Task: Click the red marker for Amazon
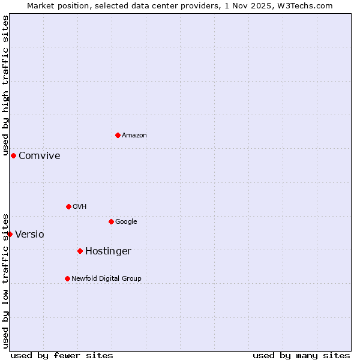[118, 135]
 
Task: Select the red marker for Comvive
[13, 155]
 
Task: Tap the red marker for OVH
[68, 206]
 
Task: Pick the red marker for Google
[111, 221]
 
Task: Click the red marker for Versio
[10, 234]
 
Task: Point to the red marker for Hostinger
[80, 251]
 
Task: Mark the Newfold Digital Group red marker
[67, 278]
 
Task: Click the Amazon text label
[134, 136]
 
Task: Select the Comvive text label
[40, 156]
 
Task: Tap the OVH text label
[80, 207]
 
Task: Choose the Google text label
[126, 222]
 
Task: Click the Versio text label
[30, 235]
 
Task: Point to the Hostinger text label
[108, 251]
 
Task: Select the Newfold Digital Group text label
[107, 279]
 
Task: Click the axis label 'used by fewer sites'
[62, 356]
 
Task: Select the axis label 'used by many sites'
[301, 356]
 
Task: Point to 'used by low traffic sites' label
[5, 280]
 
